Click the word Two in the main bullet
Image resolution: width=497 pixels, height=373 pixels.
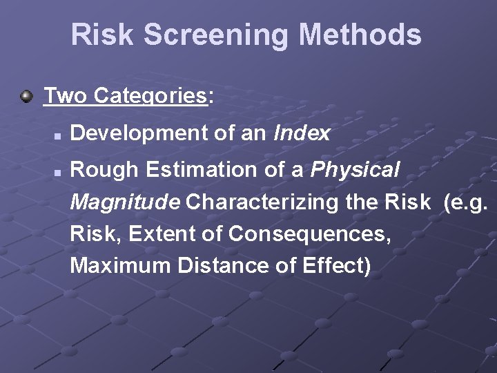pos(66,95)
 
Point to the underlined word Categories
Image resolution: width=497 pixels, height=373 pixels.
pos(150,96)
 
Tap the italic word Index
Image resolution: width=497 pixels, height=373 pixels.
pos(302,133)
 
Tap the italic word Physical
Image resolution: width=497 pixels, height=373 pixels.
pos(355,170)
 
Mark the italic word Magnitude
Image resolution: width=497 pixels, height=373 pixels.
pos(126,202)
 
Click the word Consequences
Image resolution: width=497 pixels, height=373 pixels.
pos(309,234)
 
